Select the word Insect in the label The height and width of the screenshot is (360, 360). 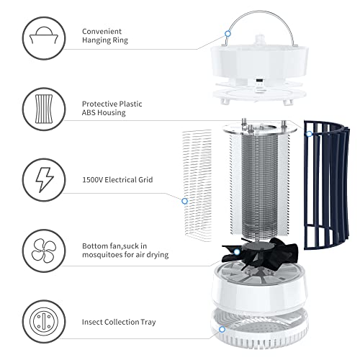tap(91, 321)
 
